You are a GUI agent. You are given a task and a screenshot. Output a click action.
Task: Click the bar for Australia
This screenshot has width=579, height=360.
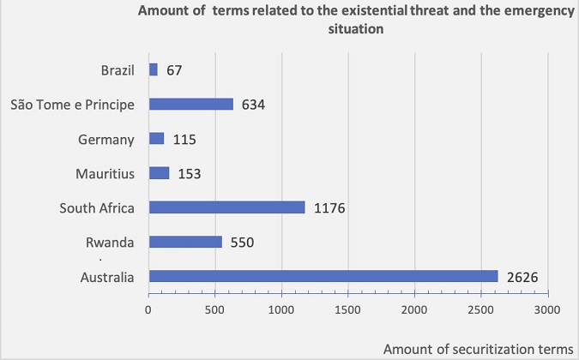[x=323, y=276]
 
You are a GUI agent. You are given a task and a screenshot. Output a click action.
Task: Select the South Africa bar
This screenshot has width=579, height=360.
[x=226, y=207]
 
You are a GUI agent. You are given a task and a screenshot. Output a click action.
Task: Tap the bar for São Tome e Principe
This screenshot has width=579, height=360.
[x=190, y=105]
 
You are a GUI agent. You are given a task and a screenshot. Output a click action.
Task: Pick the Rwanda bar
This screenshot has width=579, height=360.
[x=185, y=242]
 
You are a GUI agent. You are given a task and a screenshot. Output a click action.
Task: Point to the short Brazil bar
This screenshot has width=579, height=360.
[x=153, y=69]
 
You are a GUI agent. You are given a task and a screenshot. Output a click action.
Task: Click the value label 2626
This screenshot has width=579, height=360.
[x=521, y=276]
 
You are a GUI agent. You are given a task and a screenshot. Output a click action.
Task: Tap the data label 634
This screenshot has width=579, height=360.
[x=253, y=105]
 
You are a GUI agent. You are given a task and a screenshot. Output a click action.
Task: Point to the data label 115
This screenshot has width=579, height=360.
[x=184, y=139]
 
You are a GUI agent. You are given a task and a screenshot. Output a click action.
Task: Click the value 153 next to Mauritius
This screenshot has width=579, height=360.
[x=190, y=173]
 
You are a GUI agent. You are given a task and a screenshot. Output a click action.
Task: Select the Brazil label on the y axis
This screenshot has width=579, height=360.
[x=118, y=69]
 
